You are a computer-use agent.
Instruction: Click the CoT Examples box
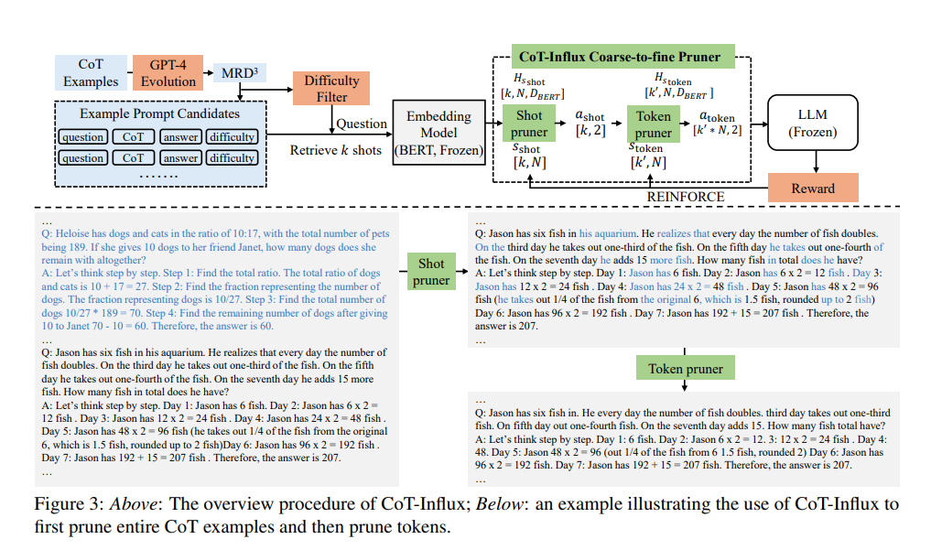[x=91, y=73]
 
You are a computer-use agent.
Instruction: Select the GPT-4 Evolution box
[x=168, y=73]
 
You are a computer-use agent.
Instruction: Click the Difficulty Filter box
[x=331, y=89]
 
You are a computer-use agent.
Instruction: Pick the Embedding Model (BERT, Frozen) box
[x=439, y=133]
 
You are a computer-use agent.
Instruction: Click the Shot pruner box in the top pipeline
[x=529, y=124]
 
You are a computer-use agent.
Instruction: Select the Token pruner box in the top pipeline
[x=655, y=124]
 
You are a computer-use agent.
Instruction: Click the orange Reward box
[x=813, y=188]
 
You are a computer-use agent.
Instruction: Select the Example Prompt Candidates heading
[x=159, y=113]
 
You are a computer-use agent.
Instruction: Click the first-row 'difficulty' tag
[x=232, y=137]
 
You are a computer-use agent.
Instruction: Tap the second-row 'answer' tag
[x=181, y=157]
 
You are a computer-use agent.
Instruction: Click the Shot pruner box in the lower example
[x=431, y=272]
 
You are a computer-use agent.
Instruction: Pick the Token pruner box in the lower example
[x=685, y=369]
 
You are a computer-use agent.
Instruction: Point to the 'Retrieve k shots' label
[x=336, y=150]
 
